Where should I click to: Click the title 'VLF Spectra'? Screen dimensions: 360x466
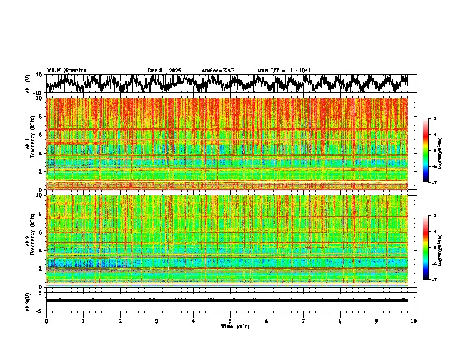pos(66,71)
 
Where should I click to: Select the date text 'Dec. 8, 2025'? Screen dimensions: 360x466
pos(165,71)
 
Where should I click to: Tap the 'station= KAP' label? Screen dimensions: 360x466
pos(218,71)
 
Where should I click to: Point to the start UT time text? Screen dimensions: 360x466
pos(284,71)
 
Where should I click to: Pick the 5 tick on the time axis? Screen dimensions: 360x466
pos(230,321)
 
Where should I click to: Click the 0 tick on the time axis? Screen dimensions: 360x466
pos(46,321)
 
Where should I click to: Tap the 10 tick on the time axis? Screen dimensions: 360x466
pos(414,321)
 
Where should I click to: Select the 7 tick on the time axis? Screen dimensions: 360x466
pos(304,321)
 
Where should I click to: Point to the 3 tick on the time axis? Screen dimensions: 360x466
pos(157,321)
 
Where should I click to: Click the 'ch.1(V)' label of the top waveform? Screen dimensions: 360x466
pos(28,84)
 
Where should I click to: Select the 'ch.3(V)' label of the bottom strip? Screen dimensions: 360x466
pos(28,300)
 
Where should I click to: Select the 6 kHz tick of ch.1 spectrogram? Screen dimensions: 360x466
pos(42,135)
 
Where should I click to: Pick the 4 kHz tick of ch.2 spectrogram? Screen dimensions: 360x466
pos(42,251)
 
